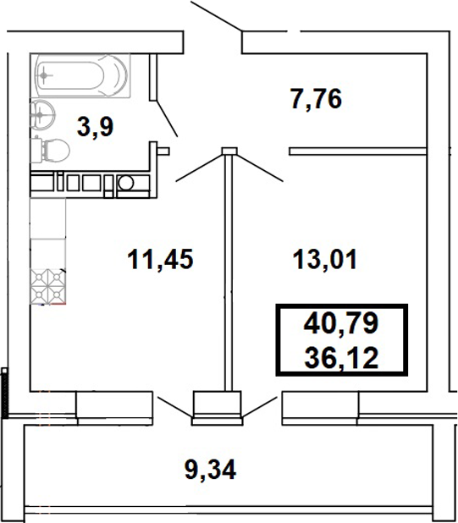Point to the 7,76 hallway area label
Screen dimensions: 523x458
pyautogui.click(x=315, y=100)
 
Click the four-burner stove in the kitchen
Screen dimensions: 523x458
pyautogui.click(x=48, y=285)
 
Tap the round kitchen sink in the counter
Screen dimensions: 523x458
pyautogui.click(x=125, y=182)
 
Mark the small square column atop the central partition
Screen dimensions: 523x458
pyautogui.click(x=227, y=151)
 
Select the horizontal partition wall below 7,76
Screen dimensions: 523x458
pyautogui.click(x=356, y=151)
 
